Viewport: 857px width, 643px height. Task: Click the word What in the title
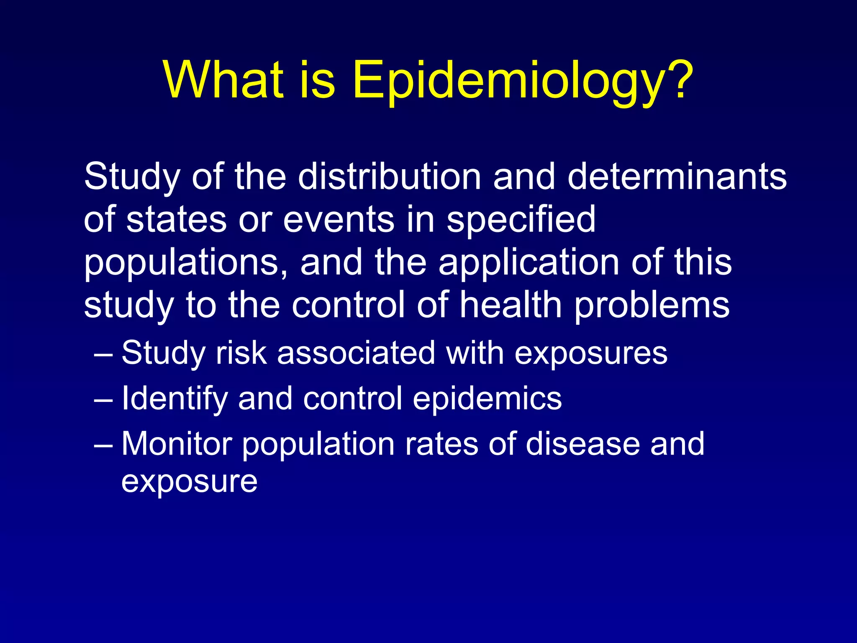(x=224, y=80)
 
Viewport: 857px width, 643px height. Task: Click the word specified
(x=521, y=220)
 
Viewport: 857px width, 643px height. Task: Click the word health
(x=510, y=306)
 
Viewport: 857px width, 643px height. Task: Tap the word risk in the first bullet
(x=241, y=353)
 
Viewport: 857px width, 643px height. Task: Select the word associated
(x=356, y=353)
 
